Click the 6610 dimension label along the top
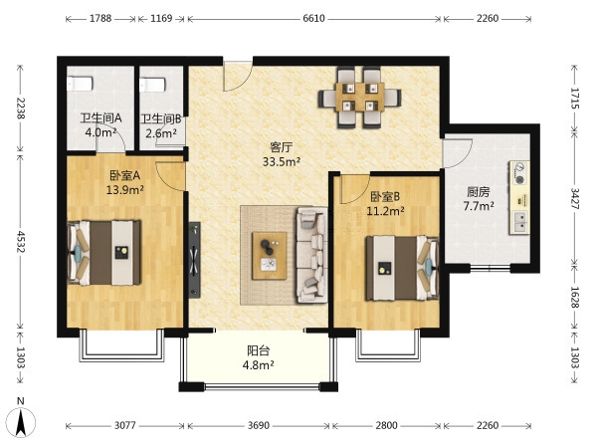[x=313, y=18]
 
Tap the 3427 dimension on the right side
[x=574, y=199]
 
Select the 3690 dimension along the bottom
[x=259, y=425]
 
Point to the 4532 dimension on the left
[x=20, y=242]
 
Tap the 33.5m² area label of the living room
[x=282, y=161]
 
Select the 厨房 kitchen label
[x=479, y=191]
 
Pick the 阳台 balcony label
[x=259, y=350]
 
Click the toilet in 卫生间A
[x=80, y=84]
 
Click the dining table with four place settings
[x=360, y=97]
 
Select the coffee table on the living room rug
[x=270, y=256]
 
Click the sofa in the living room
[x=311, y=255]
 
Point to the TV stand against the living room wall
[x=195, y=260]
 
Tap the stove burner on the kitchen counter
[x=519, y=173]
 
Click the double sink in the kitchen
[x=519, y=222]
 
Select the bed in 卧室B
[x=402, y=268]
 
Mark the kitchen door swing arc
[x=457, y=153]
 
